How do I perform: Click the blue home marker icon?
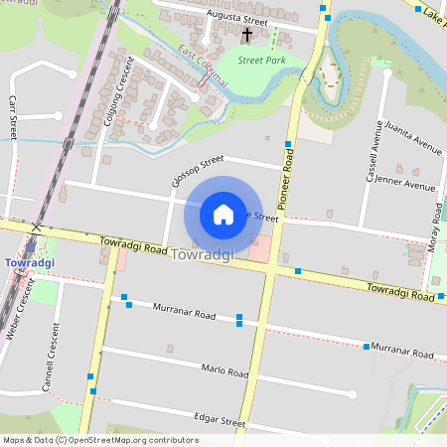coord(223,214)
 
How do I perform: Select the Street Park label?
coord(262,60)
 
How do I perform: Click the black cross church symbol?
coord(247,35)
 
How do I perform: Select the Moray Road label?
coord(437,227)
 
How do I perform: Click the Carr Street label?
coord(13,116)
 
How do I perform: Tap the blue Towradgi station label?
coord(29,262)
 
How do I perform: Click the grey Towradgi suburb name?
coord(203,255)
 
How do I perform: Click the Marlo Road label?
coord(223,372)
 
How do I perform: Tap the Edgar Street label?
coord(220,421)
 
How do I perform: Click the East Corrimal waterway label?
coord(204,68)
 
